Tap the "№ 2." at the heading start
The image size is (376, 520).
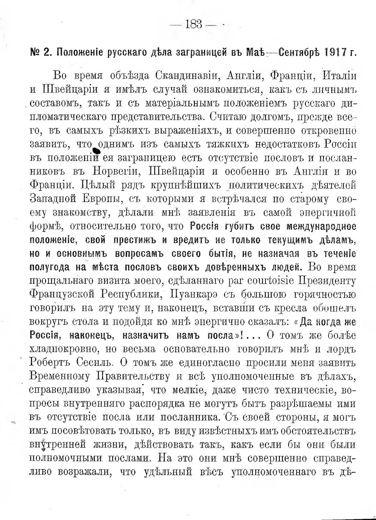click(x=40, y=52)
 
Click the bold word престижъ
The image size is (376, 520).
click(x=134, y=240)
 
